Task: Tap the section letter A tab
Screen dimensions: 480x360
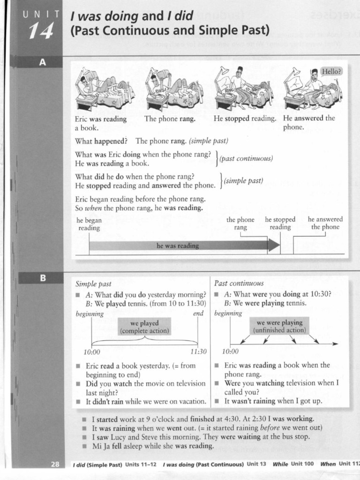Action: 42,62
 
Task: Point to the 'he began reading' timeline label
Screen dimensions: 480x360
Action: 89,224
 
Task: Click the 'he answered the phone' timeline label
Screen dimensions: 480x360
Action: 325,223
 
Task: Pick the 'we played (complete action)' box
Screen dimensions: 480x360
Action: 144,327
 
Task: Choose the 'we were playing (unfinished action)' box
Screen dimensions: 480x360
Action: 279,326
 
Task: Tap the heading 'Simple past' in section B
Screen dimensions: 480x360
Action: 93,284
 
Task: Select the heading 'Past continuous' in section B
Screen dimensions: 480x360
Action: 239,283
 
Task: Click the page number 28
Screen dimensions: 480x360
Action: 55,464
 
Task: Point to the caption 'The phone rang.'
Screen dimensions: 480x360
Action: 170,119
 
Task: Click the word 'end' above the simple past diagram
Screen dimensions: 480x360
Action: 198,314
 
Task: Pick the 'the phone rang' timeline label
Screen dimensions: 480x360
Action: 240,223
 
